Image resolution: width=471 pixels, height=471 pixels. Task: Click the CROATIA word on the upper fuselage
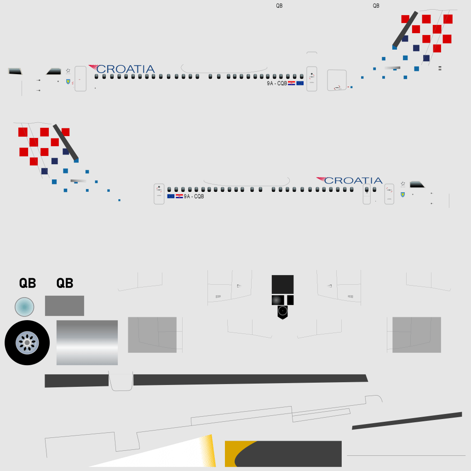coord(126,69)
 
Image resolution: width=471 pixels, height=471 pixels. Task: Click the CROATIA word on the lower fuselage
coord(353,180)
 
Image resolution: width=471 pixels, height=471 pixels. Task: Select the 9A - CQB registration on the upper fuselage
coord(277,83)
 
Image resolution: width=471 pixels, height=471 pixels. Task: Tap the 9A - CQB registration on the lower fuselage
coord(194,196)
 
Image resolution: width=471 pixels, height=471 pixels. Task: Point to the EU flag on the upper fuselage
coord(300,83)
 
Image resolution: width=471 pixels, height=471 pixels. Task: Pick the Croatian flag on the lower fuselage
coord(179,196)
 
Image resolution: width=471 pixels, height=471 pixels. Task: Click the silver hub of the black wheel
coord(27,343)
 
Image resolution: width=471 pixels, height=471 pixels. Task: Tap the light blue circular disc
coord(24,307)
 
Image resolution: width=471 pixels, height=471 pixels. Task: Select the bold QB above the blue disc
coord(28,283)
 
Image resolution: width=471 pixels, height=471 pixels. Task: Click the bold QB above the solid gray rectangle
coord(65,283)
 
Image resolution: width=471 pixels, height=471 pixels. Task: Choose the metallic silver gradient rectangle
coord(87,342)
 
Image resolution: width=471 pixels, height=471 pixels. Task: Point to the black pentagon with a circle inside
coord(283,312)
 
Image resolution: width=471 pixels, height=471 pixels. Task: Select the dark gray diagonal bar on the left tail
coord(66,142)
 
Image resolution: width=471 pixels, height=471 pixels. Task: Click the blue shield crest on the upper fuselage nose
coord(68,81)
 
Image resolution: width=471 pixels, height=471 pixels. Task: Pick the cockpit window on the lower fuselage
coord(417,184)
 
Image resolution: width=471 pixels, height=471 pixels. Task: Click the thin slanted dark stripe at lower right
coord(407,421)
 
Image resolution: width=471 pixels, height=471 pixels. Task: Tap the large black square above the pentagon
coord(283,284)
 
